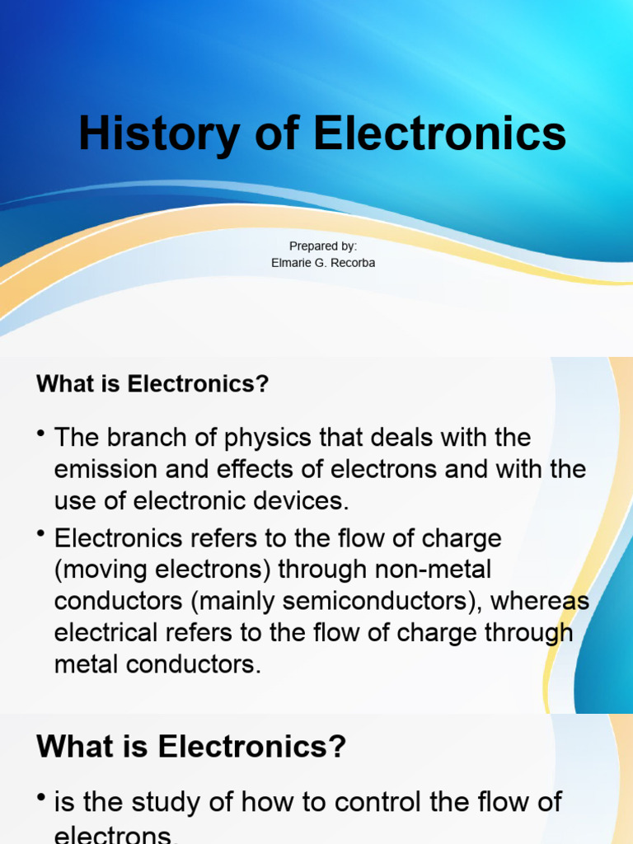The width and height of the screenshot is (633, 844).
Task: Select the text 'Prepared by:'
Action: [323, 246]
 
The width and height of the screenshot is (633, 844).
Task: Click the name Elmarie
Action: [289, 263]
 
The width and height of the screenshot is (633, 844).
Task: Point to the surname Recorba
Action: [352, 263]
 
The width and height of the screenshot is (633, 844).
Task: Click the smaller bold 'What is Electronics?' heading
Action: [152, 384]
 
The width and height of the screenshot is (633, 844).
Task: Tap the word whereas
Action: [539, 602]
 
